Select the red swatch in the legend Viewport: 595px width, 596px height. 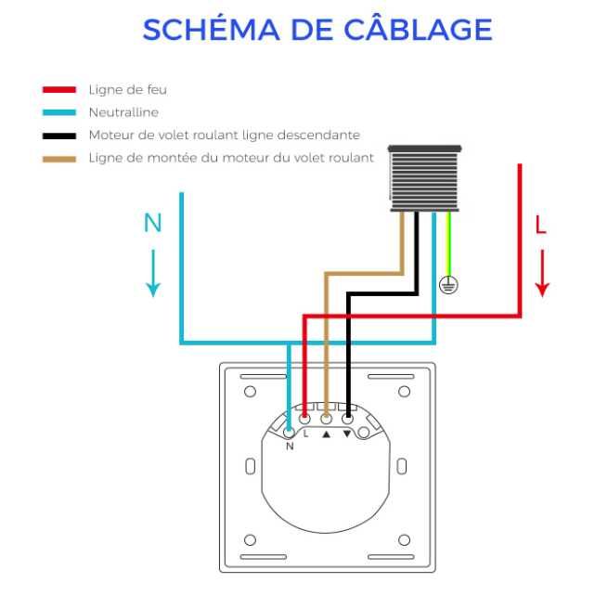59,90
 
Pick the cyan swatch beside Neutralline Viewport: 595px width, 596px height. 59,112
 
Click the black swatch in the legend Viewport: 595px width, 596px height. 59,136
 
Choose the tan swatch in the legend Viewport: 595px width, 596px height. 59,160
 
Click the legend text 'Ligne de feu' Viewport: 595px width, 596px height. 128,90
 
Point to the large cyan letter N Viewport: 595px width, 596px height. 153,223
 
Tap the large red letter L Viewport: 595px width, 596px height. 540,225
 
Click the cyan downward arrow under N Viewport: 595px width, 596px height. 153,273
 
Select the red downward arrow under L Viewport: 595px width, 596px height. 543,273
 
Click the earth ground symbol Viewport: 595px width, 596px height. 448,285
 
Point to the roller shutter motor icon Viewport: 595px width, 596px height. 425,178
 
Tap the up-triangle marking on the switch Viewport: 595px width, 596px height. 326,434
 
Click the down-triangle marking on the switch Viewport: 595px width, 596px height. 347,434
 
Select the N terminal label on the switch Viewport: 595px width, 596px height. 290,446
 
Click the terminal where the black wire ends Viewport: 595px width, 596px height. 347,420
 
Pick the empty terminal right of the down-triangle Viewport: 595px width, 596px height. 364,433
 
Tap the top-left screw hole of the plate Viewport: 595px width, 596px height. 250,392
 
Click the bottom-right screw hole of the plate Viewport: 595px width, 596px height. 405,540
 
